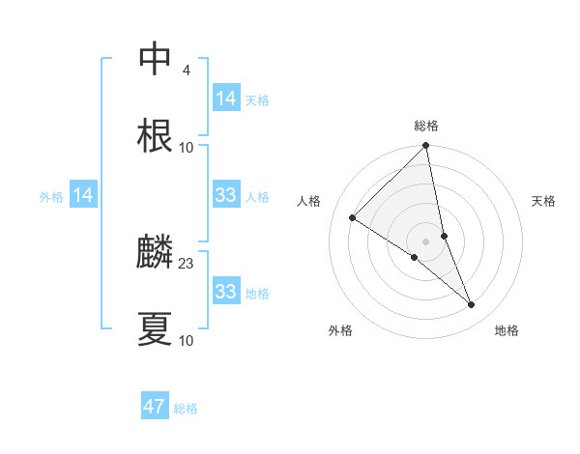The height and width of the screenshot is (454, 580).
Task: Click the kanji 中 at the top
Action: (x=155, y=60)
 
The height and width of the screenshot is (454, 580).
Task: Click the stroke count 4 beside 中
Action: (x=186, y=70)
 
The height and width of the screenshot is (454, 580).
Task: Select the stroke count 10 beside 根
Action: (x=187, y=148)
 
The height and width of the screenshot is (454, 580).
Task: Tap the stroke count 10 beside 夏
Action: (x=187, y=341)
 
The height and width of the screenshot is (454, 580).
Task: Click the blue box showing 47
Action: (x=155, y=407)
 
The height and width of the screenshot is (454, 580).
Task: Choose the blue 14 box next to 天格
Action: (x=226, y=99)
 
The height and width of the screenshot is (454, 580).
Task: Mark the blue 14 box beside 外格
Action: (x=83, y=196)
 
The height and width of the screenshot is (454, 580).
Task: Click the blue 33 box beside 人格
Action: (x=226, y=196)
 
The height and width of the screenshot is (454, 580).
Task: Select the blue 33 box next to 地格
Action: (x=226, y=292)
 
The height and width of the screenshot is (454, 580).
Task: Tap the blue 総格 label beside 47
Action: (x=186, y=409)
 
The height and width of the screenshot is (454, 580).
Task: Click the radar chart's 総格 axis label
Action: (x=426, y=126)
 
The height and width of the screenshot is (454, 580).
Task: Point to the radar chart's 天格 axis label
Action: (x=543, y=201)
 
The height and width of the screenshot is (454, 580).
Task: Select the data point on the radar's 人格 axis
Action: (x=353, y=218)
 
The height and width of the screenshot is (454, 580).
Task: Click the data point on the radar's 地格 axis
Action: (x=472, y=305)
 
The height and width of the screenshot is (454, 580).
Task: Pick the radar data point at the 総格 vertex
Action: (x=426, y=147)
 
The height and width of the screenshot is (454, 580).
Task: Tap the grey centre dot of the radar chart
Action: (x=426, y=241)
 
